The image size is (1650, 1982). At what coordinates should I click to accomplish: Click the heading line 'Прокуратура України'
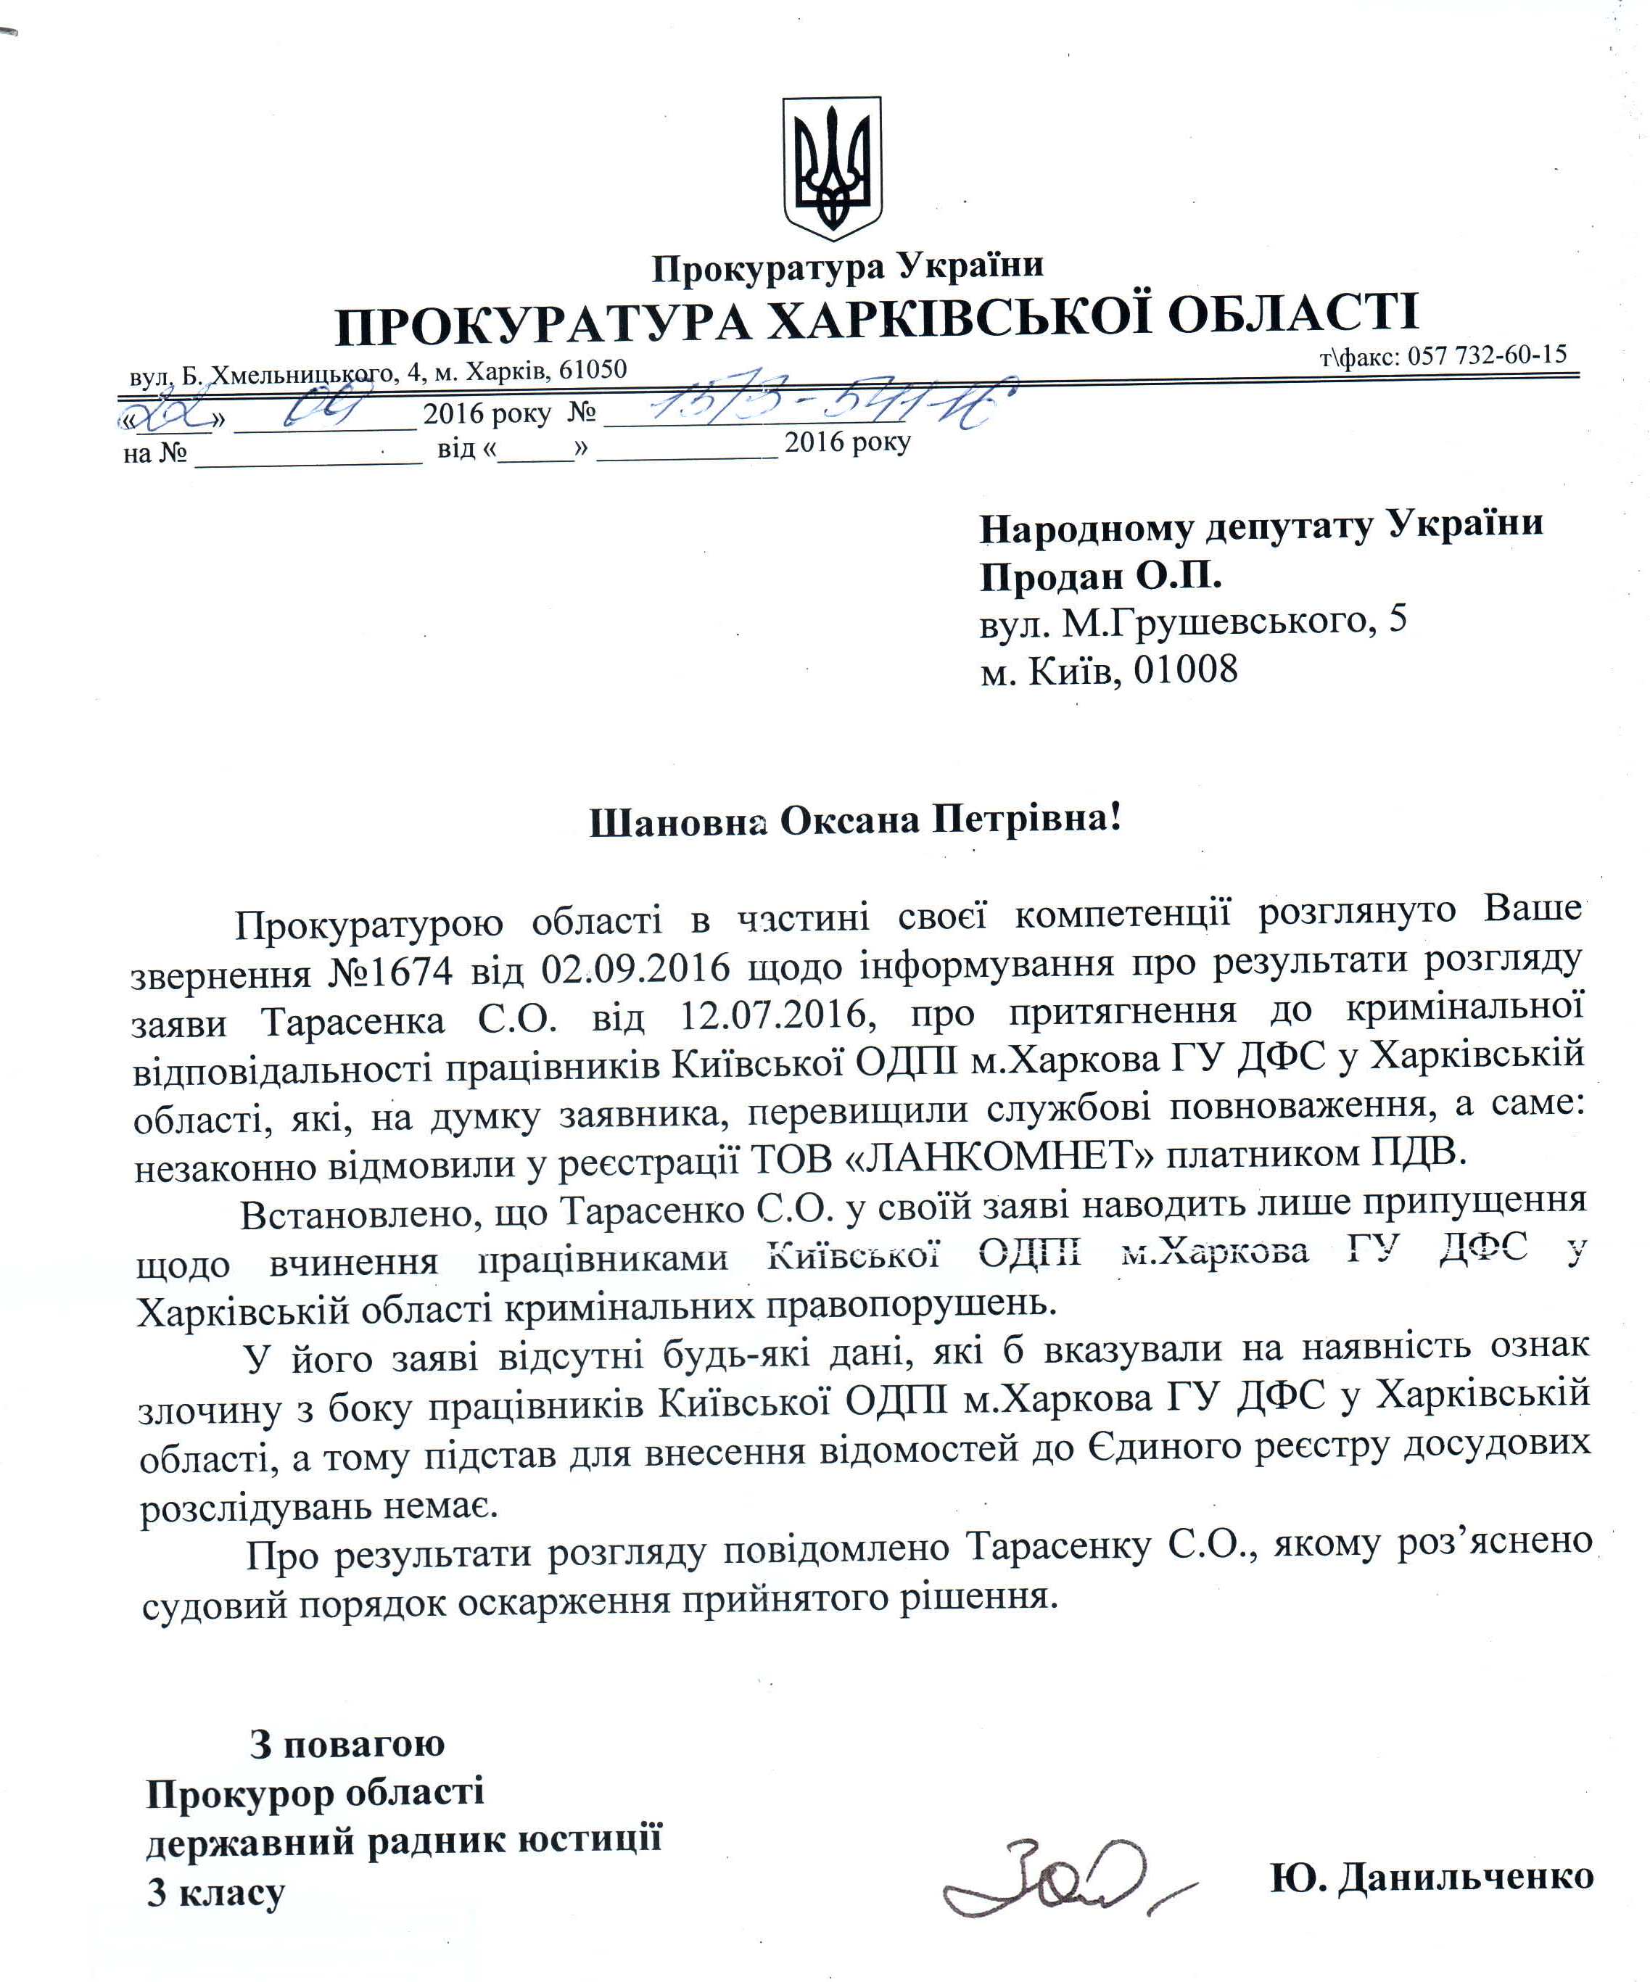coord(846,267)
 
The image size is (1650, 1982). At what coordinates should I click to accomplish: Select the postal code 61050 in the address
coord(593,369)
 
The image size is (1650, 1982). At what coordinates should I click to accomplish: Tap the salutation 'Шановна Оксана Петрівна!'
coord(855,820)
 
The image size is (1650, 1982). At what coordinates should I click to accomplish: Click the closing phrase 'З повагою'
coord(347,1744)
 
